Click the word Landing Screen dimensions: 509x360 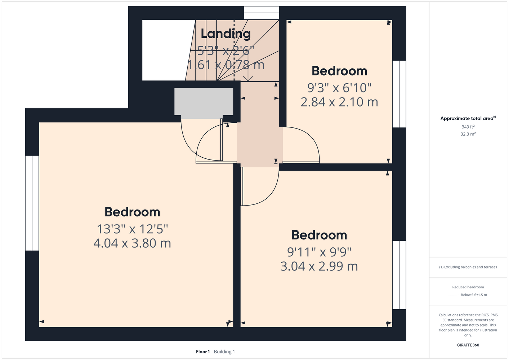coord(226,34)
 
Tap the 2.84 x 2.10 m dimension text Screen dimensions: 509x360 coord(339,102)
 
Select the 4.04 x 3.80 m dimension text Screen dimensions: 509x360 coord(132,243)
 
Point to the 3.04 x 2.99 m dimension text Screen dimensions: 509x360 coord(319,266)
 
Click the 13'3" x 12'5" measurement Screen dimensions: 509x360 coord(132,229)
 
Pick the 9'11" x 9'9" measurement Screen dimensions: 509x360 coord(319,252)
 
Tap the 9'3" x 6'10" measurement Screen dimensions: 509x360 coord(339,88)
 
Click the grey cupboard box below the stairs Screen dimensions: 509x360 coord(204,103)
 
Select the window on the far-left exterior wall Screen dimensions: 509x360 coord(32,203)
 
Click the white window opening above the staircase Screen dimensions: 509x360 coord(261,13)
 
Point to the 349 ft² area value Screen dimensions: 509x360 coord(468,127)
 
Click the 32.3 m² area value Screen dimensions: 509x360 coord(468,134)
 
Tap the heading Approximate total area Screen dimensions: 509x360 coord(468,118)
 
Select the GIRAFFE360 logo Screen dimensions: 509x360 coord(468,345)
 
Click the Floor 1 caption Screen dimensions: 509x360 coord(203,352)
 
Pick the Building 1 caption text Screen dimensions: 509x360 coord(224,352)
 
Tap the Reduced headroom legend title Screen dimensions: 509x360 coord(468,287)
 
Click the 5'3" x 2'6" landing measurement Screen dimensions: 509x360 coord(226,51)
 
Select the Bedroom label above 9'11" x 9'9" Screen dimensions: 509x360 coord(319,235)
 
